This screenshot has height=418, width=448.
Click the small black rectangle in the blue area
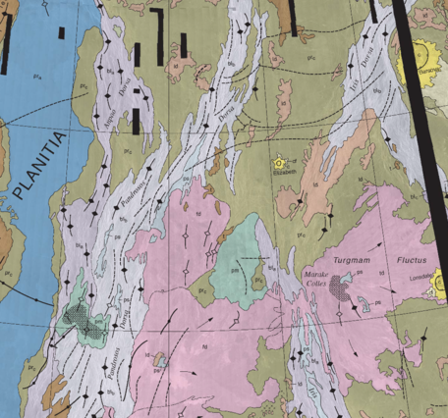60,32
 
